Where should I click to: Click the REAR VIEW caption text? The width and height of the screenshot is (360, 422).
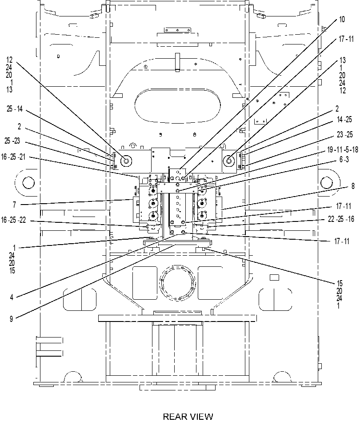[188, 416]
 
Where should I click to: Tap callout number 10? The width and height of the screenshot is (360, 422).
[341, 20]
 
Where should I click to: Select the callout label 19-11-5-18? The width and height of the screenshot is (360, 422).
[342, 150]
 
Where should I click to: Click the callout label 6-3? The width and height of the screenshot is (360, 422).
[344, 160]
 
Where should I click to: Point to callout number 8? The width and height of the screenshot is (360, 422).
[353, 186]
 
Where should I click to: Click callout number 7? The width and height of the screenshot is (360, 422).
[15, 205]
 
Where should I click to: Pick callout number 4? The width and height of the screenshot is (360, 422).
[12, 297]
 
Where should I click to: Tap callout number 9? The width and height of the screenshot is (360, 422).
[11, 319]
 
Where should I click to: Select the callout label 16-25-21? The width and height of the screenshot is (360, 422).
[13, 157]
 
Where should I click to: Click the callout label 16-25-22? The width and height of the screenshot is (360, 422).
[13, 220]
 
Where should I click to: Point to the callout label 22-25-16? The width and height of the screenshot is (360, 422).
[341, 219]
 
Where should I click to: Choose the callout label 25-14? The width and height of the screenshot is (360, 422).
[15, 109]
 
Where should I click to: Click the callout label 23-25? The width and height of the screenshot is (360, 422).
[344, 134]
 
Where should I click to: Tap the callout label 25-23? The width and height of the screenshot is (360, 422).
[12, 141]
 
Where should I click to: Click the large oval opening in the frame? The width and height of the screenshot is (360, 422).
[178, 105]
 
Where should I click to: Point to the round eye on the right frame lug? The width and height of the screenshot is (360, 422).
[326, 183]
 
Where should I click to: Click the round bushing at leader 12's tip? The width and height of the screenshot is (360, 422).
[126, 161]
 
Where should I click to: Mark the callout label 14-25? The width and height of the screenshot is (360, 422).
[344, 119]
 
